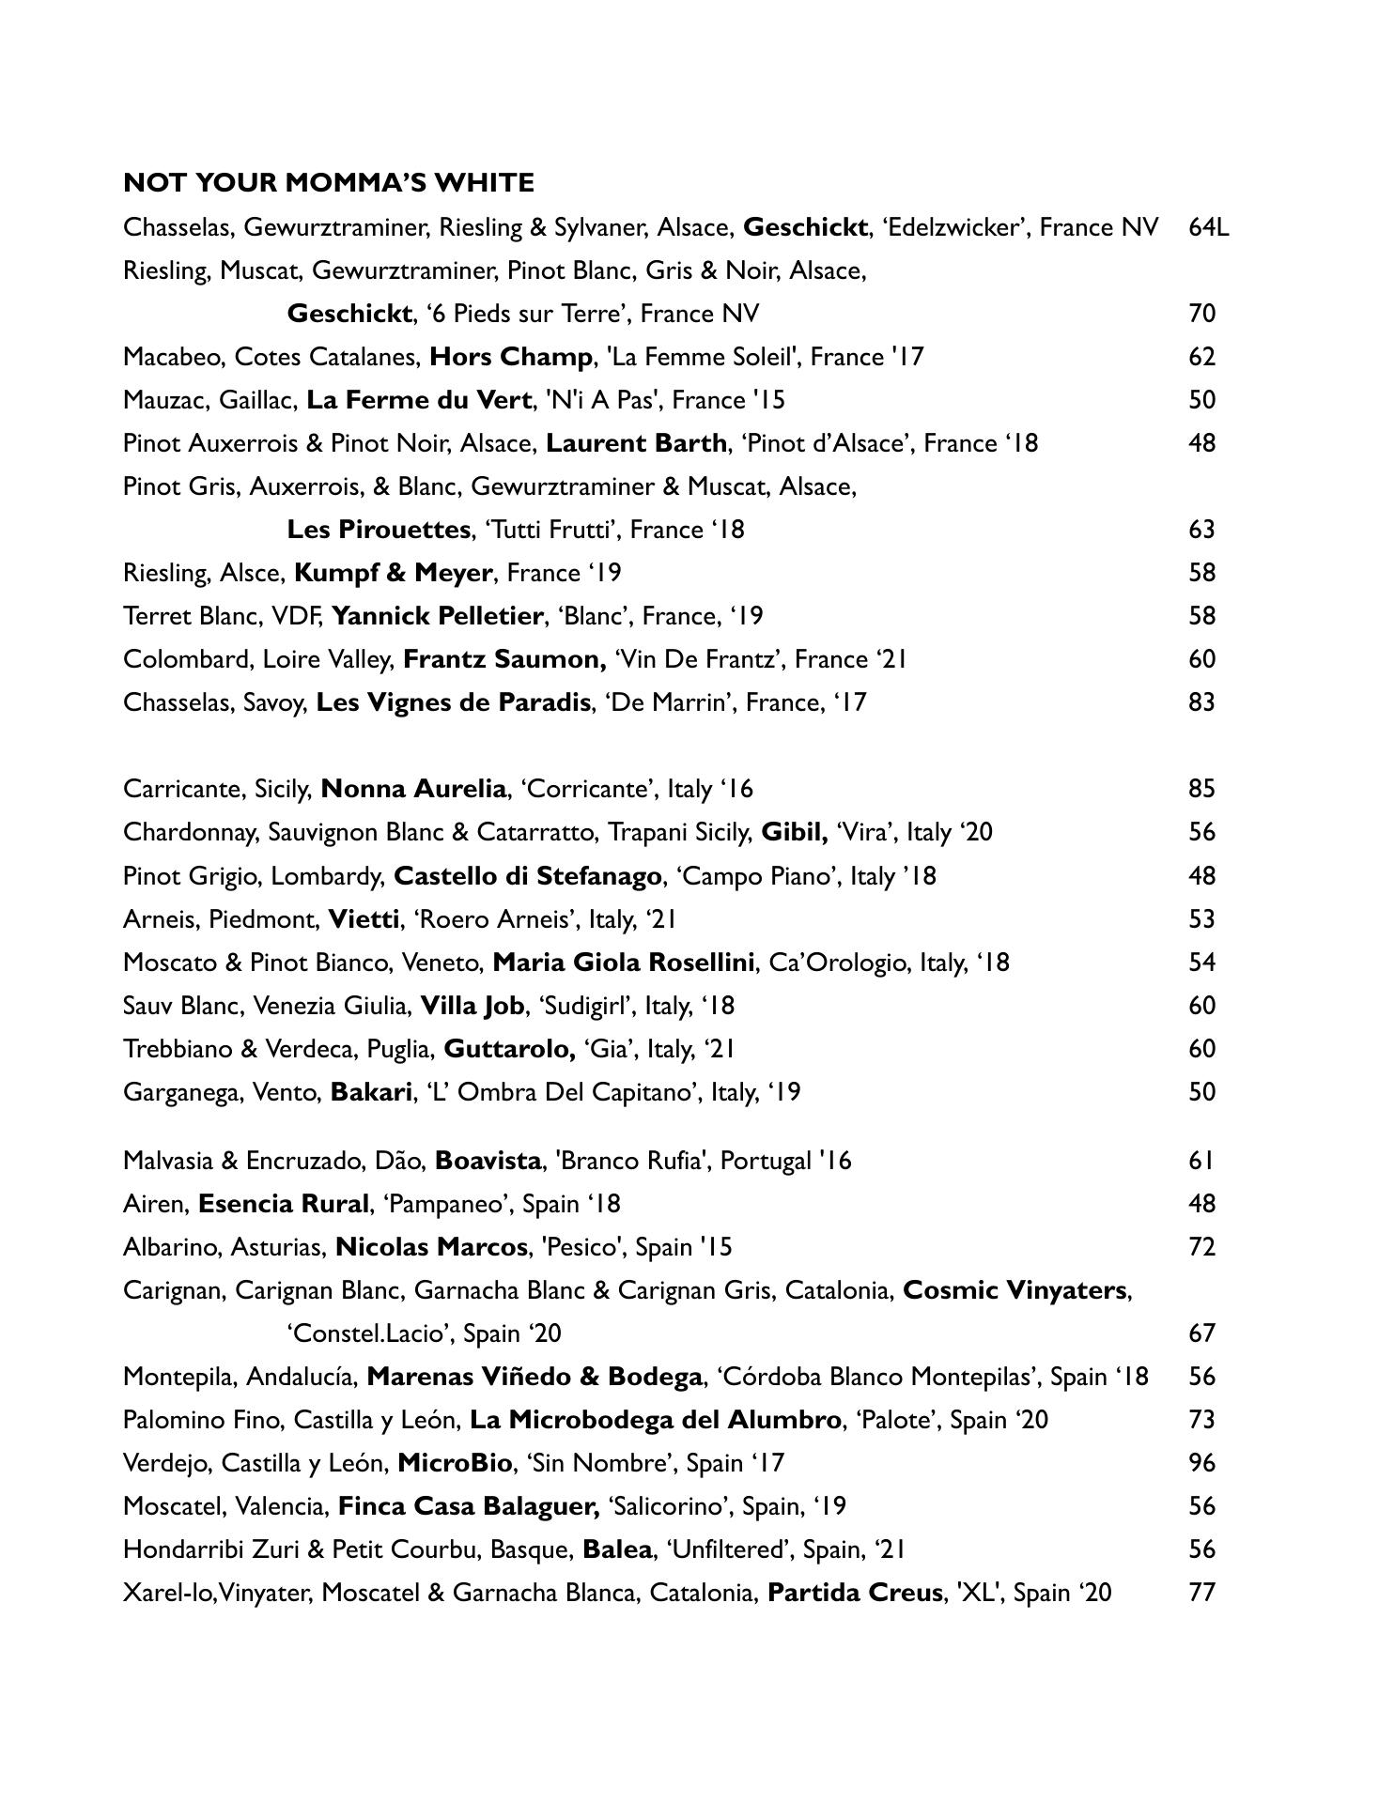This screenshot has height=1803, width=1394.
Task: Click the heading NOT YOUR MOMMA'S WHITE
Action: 329,182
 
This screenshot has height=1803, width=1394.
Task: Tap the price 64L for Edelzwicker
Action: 1208,227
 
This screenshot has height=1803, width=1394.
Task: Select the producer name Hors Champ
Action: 511,357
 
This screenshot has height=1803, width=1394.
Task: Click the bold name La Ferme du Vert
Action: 419,400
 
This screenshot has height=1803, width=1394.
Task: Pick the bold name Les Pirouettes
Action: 378,530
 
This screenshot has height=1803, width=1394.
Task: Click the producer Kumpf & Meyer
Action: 393,573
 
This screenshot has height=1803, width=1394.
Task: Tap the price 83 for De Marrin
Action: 1201,702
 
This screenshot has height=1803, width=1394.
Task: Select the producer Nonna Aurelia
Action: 413,789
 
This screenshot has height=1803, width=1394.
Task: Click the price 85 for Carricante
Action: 1201,789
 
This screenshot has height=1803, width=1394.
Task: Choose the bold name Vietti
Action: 364,918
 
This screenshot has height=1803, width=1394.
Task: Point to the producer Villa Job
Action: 472,1006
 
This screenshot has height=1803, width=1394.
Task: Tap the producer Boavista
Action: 488,1161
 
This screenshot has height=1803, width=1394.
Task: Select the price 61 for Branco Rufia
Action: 1201,1161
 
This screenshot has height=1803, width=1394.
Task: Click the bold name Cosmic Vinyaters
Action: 1015,1290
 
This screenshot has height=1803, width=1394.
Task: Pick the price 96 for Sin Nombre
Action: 1201,1463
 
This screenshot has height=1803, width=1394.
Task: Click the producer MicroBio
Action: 456,1463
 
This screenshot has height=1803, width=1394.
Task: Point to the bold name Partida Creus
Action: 855,1593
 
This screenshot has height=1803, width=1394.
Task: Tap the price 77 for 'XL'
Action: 1201,1593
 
